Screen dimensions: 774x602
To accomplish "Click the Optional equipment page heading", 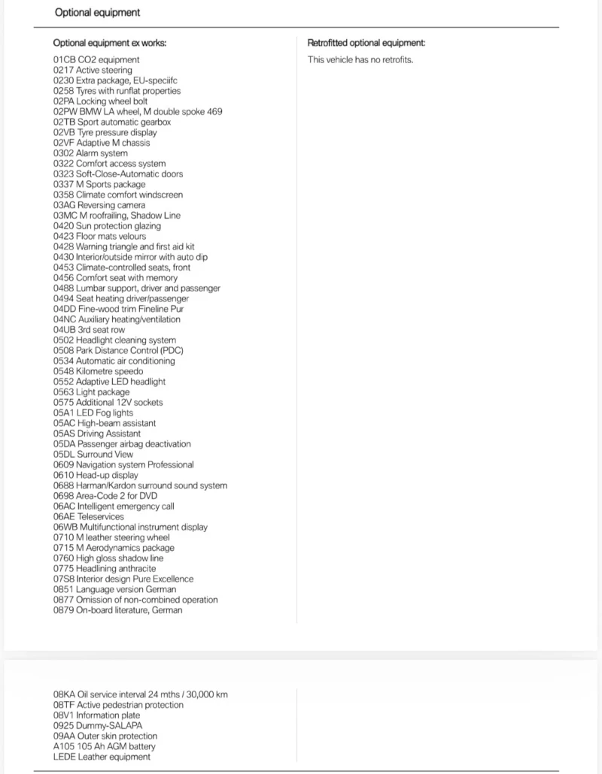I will tap(97, 13).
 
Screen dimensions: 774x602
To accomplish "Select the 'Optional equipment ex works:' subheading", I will tap(110, 43).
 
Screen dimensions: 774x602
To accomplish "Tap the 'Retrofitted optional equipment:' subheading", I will tap(366, 43).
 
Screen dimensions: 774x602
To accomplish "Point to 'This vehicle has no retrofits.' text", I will tap(360, 60).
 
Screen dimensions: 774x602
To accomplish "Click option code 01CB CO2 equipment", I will tap(96, 60).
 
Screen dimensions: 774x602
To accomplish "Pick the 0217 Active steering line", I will tap(93, 71).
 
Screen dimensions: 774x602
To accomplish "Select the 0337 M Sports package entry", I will tap(99, 184).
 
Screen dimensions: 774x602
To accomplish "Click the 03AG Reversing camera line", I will tap(99, 205).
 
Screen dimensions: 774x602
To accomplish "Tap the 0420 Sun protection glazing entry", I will tap(107, 226).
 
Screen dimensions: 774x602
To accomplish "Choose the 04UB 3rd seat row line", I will tap(89, 330).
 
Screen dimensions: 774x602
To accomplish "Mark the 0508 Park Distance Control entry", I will tap(118, 350).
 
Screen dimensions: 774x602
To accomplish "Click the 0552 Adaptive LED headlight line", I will tap(109, 382).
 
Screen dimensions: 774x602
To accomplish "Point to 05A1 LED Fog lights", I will tap(93, 413).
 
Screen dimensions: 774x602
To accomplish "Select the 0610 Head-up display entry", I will tap(96, 475).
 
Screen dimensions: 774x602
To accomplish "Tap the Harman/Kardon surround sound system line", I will tap(140, 485).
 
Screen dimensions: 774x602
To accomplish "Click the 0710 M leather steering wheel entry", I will tap(111, 537).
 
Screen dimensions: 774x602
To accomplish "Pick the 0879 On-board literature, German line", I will tap(117, 610).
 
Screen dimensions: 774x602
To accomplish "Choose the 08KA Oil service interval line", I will tap(140, 694).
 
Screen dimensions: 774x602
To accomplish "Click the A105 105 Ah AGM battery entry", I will tap(105, 746).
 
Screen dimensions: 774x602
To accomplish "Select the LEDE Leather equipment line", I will tap(102, 757).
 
